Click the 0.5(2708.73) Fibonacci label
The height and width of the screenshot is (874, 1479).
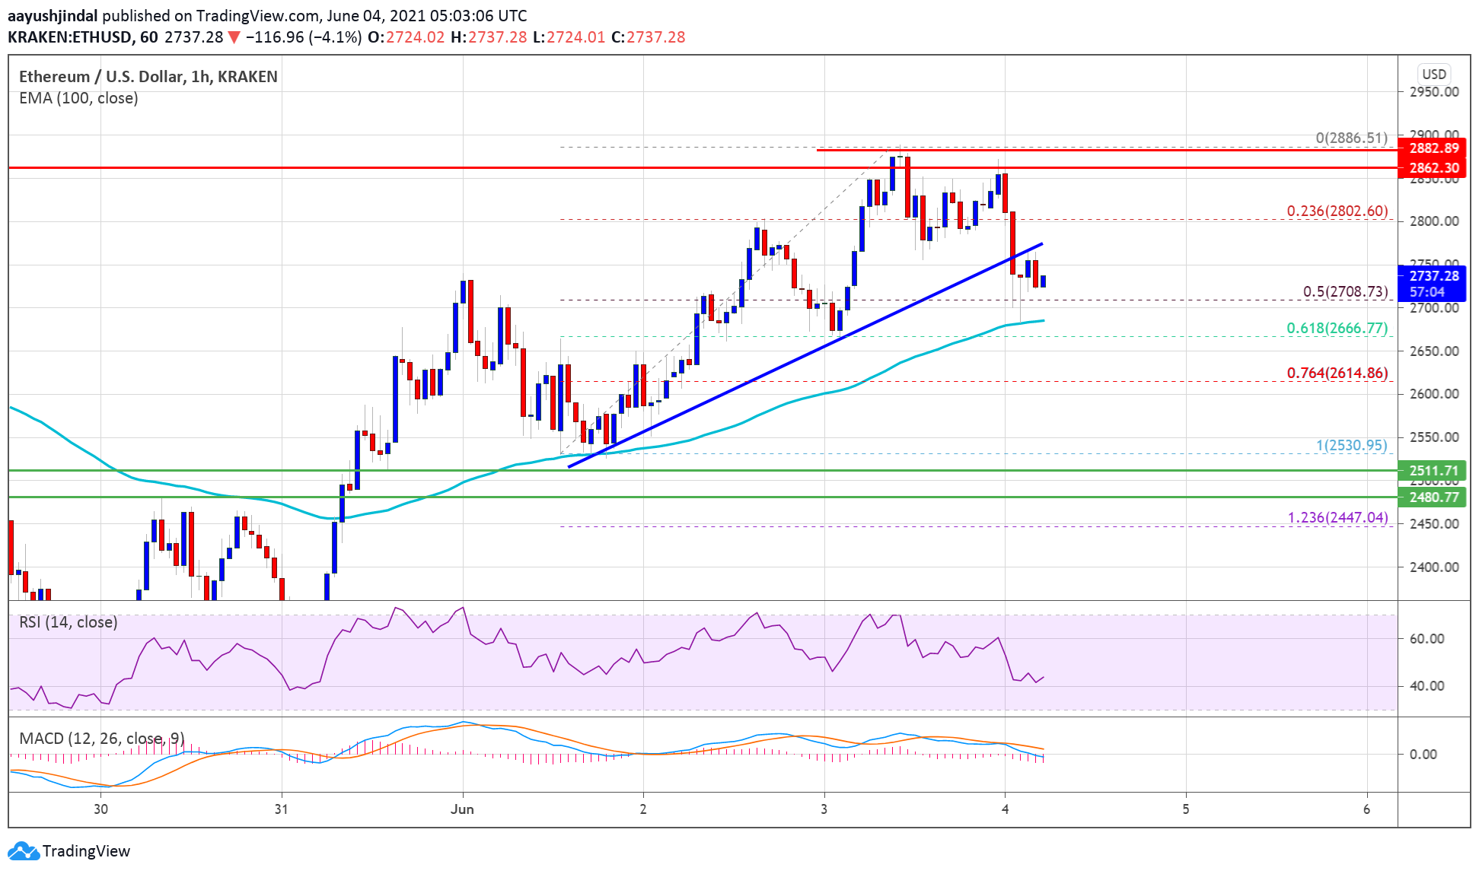[1345, 291]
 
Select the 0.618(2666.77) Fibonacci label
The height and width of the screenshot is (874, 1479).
[1337, 328]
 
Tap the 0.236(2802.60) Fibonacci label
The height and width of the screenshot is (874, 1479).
[1337, 211]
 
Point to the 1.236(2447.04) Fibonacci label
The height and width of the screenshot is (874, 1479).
[1337, 517]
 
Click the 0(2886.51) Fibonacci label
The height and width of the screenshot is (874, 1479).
[1351, 138]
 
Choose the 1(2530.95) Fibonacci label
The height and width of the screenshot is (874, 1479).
[1351, 445]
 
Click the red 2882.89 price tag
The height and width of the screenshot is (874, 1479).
[1433, 148]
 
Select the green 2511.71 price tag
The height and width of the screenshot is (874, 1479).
[1433, 470]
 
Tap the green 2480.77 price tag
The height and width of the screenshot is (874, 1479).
[1433, 497]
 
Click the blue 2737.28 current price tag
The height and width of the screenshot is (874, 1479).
[1433, 276]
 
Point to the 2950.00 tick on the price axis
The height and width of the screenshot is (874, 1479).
[1433, 92]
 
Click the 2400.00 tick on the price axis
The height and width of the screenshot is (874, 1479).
[1433, 567]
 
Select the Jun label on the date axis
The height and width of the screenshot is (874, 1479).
[462, 809]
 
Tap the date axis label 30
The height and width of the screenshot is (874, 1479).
[100, 809]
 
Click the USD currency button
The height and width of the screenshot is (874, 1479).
[1433, 74]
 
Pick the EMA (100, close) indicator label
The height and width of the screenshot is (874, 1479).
[78, 98]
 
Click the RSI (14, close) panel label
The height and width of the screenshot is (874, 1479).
[69, 622]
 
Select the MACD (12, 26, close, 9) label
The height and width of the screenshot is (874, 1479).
[101, 738]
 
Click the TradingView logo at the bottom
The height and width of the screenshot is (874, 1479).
[69, 850]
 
